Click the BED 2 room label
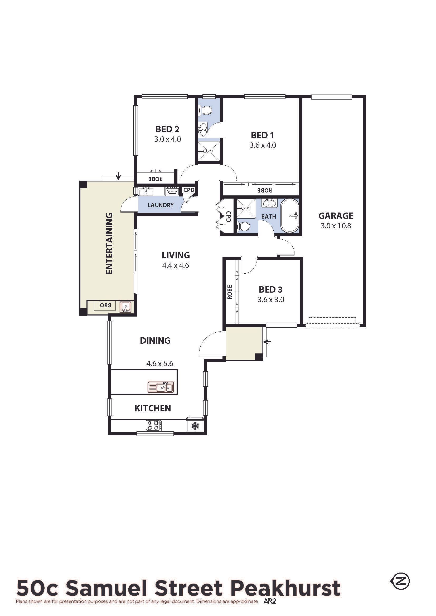point(167,129)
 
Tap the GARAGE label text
point(336,216)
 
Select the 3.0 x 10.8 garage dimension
point(336,226)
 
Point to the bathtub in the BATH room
point(290,216)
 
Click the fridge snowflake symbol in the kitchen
point(194,426)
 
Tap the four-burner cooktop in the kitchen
point(154,425)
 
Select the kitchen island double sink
point(161,387)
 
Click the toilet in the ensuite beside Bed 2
point(206,110)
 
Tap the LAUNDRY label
point(161,205)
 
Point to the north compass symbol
point(400,581)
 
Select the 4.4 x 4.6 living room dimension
point(176,265)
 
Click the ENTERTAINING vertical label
point(109,243)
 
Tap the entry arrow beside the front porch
point(268,342)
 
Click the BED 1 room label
point(262,135)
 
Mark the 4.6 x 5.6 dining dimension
point(160,363)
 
